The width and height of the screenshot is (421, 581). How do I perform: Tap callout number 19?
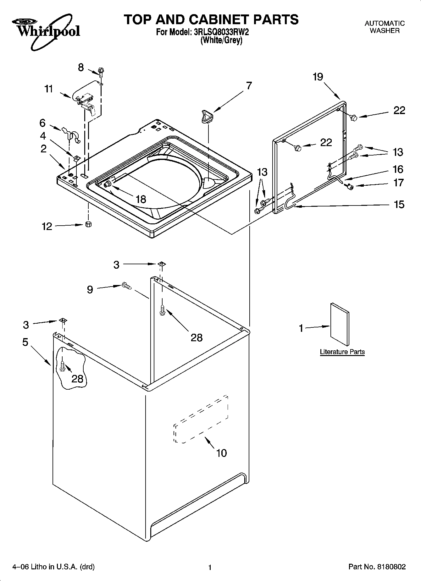pyautogui.click(x=318, y=77)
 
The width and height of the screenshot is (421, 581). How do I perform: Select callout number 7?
pyautogui.click(x=249, y=85)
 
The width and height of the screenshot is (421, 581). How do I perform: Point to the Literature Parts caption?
pyautogui.click(x=342, y=352)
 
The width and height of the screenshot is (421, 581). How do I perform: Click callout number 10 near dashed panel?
pyautogui.click(x=221, y=453)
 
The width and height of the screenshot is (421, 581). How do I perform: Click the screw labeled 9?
pyautogui.click(x=126, y=286)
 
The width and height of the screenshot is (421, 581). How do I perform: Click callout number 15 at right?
pyautogui.click(x=399, y=205)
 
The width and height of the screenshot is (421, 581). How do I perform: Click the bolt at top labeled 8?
pyautogui.click(x=101, y=71)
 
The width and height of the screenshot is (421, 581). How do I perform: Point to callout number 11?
pyautogui.click(x=48, y=89)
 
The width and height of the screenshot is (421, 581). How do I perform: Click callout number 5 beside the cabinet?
pyautogui.click(x=25, y=342)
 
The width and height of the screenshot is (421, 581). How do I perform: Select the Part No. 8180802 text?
pyautogui.click(x=377, y=567)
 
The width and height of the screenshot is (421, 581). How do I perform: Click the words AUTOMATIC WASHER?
pyautogui.click(x=385, y=27)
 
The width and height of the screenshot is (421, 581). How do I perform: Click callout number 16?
pyautogui.click(x=398, y=169)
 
